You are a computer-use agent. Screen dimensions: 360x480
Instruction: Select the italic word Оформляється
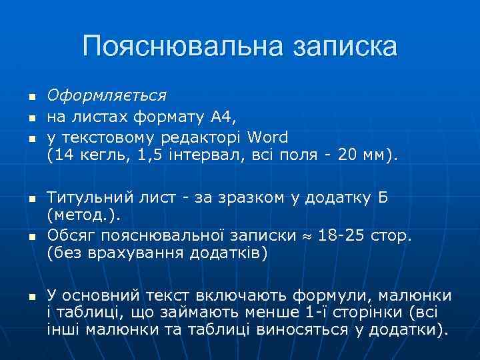[x=107, y=97]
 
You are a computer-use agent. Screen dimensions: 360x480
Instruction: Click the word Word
[x=267, y=138]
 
